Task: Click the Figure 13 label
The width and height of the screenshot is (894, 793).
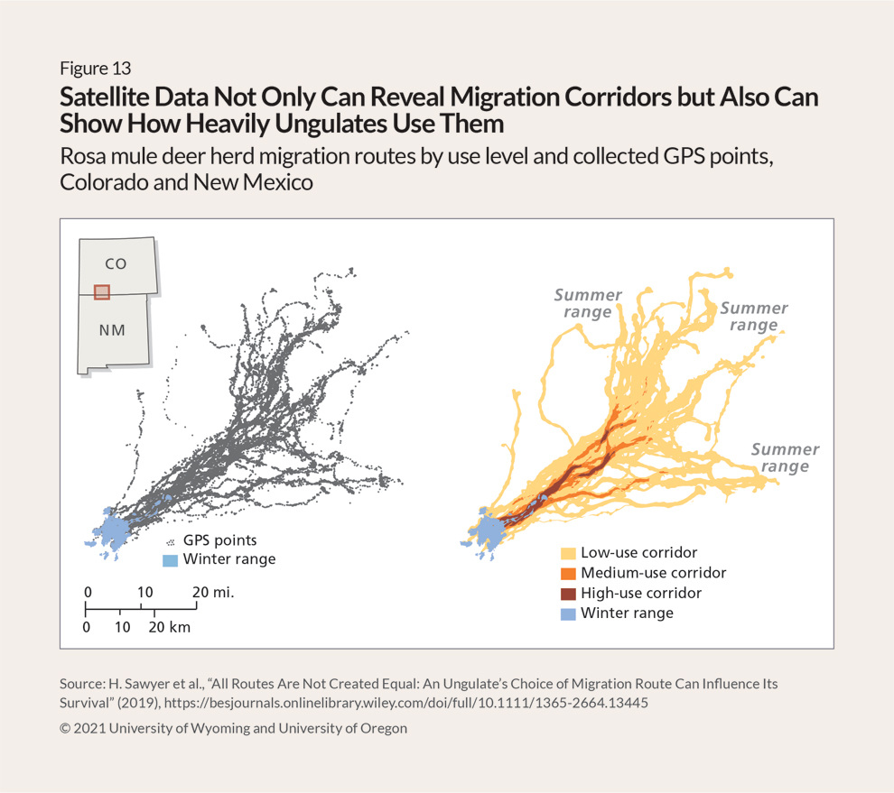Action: point(95,69)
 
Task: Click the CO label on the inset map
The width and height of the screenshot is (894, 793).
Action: point(116,263)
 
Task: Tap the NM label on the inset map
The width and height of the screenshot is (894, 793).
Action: point(112,330)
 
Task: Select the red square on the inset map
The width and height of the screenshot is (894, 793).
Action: point(102,291)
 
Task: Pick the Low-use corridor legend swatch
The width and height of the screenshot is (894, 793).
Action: point(568,553)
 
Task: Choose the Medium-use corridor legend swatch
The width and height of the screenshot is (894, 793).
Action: point(568,574)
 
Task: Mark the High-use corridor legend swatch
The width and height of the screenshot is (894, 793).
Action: point(568,594)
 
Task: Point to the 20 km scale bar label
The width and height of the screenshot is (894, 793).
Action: point(170,626)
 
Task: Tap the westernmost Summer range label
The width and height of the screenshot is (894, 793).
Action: point(588,303)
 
